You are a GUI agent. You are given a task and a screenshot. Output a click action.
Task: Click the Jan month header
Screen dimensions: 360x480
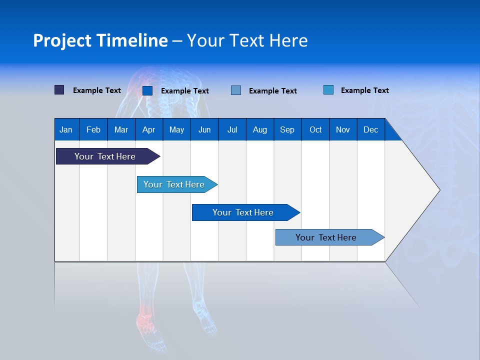click(x=66, y=130)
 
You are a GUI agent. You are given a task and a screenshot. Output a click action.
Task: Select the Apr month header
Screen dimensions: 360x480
click(x=148, y=130)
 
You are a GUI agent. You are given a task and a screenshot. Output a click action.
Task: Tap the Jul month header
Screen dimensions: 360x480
click(x=232, y=130)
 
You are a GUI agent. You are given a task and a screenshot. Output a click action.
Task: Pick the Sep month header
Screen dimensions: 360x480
click(x=287, y=130)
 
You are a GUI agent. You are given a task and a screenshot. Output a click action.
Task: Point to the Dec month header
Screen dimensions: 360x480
click(x=370, y=130)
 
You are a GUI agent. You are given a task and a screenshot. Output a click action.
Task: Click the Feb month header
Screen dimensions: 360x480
click(x=93, y=130)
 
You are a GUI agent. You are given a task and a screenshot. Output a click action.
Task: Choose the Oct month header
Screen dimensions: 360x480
click(x=315, y=130)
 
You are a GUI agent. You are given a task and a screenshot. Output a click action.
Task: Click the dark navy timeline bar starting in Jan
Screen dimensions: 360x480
click(x=105, y=156)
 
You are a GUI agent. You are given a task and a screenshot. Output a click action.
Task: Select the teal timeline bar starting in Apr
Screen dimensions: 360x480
click(x=174, y=184)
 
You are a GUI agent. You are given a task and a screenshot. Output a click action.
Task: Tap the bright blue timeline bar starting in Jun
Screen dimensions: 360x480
click(x=243, y=212)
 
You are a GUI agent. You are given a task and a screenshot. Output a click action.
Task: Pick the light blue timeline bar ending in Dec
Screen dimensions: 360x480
click(x=326, y=237)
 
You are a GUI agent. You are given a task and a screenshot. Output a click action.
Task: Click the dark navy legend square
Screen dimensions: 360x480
click(x=59, y=90)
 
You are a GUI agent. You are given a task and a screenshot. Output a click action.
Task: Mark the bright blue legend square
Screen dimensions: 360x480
click(x=147, y=90)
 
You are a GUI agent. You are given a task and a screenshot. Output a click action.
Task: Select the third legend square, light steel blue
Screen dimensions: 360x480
click(x=236, y=90)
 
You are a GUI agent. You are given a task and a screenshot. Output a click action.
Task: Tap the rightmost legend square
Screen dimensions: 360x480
click(x=328, y=90)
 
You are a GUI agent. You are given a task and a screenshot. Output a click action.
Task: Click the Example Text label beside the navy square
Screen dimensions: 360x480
click(x=97, y=90)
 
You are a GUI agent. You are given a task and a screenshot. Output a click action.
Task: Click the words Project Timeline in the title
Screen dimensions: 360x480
click(x=100, y=40)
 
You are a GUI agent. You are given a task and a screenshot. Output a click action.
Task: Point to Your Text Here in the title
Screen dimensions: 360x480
click(x=247, y=40)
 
